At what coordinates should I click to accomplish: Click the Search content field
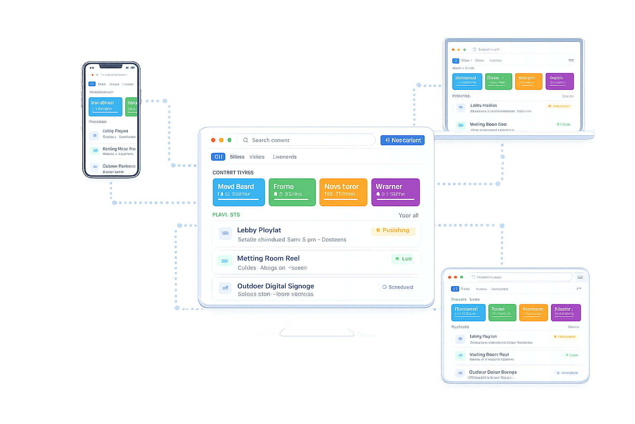pos(308,140)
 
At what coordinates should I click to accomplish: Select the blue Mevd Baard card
pos(239,192)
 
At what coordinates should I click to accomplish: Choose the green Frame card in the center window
pos(292,192)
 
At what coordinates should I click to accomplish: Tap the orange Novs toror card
pos(343,192)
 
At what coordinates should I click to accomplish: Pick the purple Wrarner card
pos(395,192)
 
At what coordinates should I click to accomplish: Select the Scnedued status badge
pos(397,287)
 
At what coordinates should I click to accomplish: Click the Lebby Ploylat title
pos(259,230)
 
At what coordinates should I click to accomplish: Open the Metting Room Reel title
pos(268,258)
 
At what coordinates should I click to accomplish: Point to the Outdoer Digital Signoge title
pos(276,286)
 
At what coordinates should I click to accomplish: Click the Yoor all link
pos(408,215)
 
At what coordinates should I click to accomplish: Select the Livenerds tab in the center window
pos(284,157)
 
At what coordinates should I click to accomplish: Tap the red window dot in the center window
pos(213,140)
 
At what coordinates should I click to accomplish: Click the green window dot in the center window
pos(229,140)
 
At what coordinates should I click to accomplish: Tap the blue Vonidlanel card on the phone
pos(105,107)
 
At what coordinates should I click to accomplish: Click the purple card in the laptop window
pos(559,81)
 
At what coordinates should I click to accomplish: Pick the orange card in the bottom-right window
pos(533,313)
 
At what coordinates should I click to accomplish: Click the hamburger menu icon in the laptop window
pos(571,60)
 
